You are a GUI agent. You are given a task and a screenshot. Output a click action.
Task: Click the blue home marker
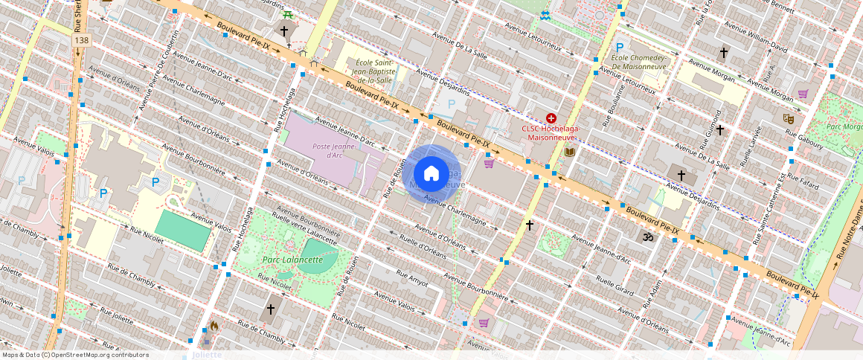(x=431, y=174)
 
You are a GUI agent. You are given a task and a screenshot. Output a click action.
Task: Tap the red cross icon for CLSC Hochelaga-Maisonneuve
(x=551, y=118)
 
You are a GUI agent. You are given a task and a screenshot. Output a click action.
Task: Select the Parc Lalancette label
(x=292, y=260)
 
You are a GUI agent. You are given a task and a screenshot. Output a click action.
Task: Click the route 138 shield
(x=81, y=39)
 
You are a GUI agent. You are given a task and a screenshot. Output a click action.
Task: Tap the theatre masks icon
(x=788, y=118)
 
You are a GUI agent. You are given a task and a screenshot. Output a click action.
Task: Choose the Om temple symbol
(x=646, y=237)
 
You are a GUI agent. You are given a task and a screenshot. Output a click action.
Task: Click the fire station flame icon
(x=214, y=326)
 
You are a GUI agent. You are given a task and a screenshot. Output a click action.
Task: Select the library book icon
(x=570, y=152)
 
